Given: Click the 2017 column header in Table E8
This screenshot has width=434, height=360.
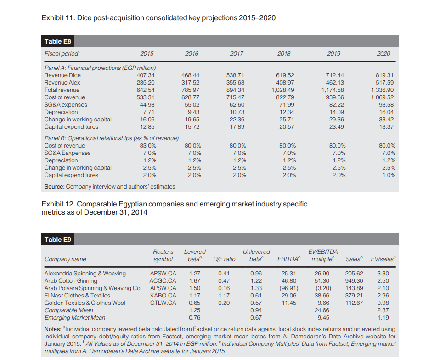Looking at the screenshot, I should (x=236, y=54).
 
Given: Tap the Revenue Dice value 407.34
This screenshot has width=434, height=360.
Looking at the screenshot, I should (x=146, y=75).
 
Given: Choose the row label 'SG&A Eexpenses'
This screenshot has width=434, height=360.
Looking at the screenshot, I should (x=67, y=153).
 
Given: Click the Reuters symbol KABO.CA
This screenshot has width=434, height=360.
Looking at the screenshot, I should (x=163, y=295).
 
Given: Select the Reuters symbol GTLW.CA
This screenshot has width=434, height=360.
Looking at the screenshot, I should (x=163, y=303).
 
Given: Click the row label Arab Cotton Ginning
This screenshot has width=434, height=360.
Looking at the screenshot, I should (x=71, y=280).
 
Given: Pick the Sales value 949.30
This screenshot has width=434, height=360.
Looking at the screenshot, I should (x=354, y=280).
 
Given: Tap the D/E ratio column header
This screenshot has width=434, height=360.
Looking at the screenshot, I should (x=224, y=259).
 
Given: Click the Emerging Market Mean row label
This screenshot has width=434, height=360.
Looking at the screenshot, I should (x=74, y=317).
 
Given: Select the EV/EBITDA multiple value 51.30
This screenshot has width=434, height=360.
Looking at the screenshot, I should (x=321, y=280).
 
